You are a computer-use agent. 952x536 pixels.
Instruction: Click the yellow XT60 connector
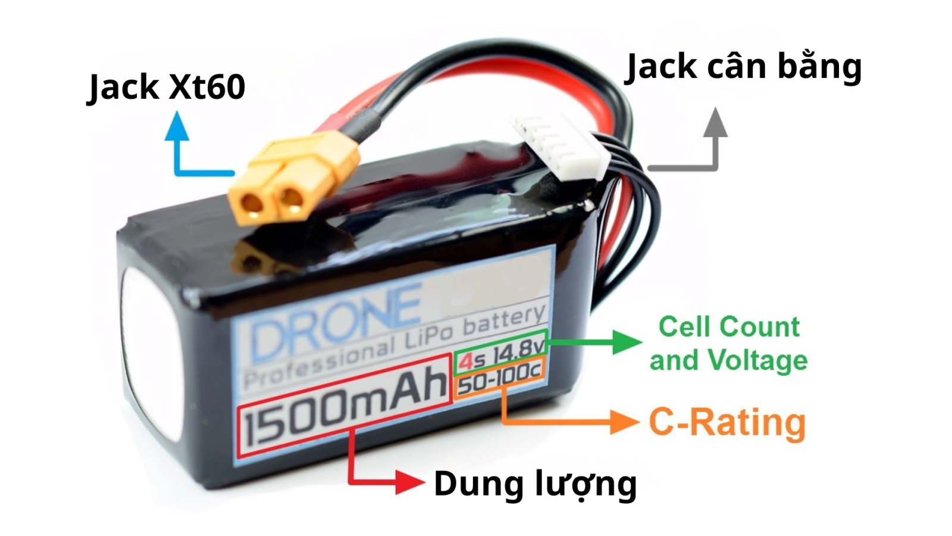pos(292,179)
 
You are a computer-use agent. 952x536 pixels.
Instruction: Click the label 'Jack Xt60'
pos(166,87)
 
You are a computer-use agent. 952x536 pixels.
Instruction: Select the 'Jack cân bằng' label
pos(744,67)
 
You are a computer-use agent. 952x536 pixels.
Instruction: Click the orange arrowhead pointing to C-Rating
pos(625,422)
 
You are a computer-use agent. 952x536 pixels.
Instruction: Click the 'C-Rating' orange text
pos(727,422)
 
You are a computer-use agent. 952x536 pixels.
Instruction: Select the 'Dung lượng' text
pos(535,483)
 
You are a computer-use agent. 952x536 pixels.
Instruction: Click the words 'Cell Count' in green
pos(729,327)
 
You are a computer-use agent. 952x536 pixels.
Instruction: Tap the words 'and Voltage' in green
pos(728,361)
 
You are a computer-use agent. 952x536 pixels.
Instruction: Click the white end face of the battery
pos(149,351)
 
